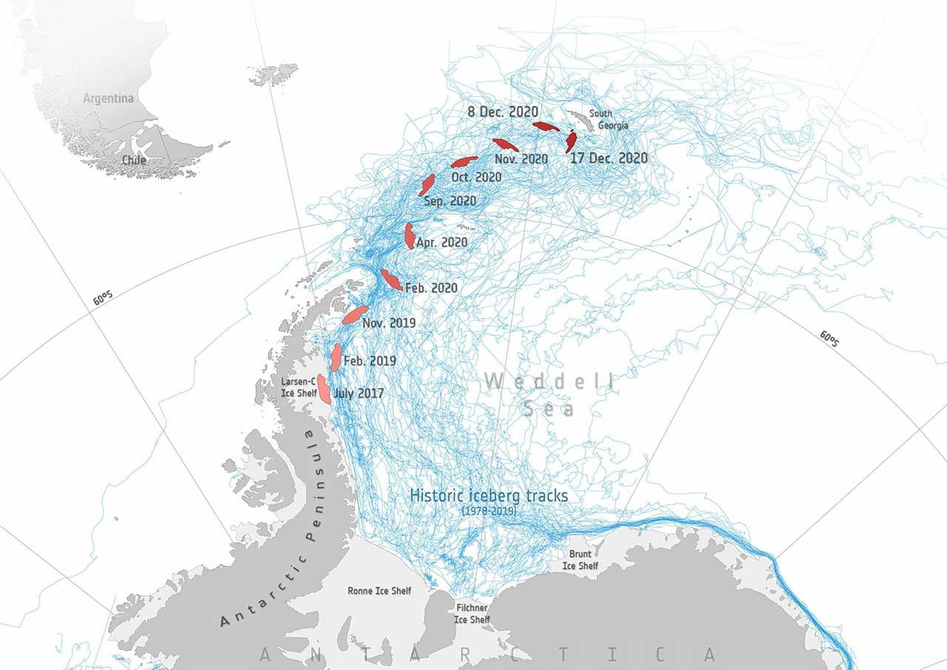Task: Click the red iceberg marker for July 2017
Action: [x=323, y=389]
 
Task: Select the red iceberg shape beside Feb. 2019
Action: [x=336, y=357]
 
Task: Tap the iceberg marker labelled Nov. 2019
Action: [x=355, y=315]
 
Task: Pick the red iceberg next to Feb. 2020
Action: [x=391, y=280]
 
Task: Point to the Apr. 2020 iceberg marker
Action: [x=409, y=235]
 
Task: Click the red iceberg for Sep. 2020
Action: [x=427, y=184]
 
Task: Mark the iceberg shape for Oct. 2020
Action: [x=464, y=161]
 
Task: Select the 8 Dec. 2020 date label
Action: [x=502, y=112]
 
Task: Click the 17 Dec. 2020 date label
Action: [x=608, y=158]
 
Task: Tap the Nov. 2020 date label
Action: [x=522, y=159]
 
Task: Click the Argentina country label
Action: [x=108, y=98]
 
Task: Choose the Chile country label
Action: [x=135, y=160]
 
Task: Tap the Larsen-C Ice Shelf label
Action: [x=299, y=386]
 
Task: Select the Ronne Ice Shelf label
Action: [x=379, y=591]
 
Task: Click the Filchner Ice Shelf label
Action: [x=471, y=613]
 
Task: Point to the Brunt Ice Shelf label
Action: [x=583, y=560]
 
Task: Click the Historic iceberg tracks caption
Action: [x=489, y=496]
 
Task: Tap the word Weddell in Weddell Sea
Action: [x=548, y=382]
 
